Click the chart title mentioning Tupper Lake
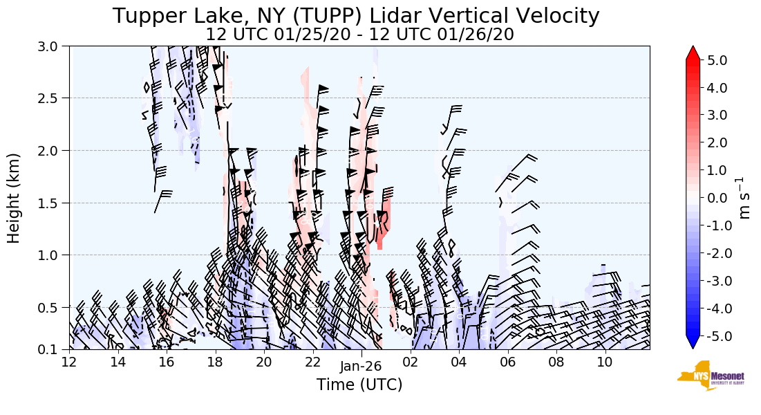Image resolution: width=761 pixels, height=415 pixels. (x=356, y=16)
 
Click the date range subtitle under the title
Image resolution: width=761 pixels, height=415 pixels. (x=359, y=34)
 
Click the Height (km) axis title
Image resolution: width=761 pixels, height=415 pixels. (x=15, y=198)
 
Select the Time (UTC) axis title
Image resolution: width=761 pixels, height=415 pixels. (x=359, y=385)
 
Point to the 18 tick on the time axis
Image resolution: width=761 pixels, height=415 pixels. (x=215, y=362)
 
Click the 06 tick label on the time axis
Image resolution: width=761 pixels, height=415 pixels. (x=507, y=362)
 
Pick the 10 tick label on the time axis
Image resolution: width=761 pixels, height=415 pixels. (x=605, y=362)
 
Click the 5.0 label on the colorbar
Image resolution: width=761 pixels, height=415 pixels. (x=717, y=60)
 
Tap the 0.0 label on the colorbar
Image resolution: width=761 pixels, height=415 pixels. (x=717, y=198)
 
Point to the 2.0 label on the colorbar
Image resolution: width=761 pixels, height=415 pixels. (x=717, y=143)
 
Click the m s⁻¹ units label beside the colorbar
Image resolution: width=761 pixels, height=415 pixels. (x=744, y=198)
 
